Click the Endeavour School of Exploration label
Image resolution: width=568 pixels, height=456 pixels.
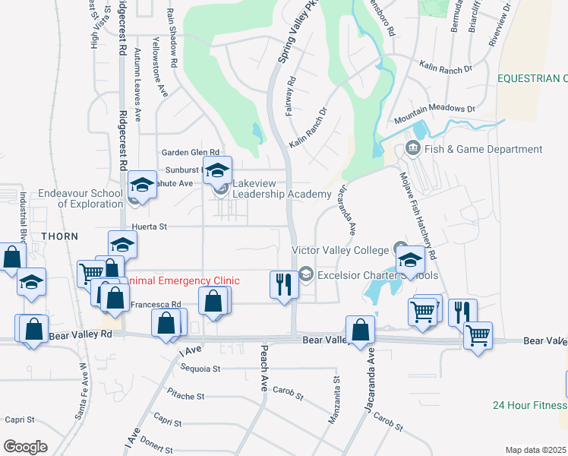point(80,198)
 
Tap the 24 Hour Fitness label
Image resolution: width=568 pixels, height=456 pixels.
point(529,405)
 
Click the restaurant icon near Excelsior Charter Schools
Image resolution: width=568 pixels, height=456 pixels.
point(282,285)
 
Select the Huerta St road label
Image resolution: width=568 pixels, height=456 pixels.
point(148,226)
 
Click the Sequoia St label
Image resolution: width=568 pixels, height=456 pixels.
point(200,369)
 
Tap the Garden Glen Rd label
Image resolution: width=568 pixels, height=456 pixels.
point(189,152)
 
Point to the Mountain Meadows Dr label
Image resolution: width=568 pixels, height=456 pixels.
point(434,115)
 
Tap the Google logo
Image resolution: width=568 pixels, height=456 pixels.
point(26,446)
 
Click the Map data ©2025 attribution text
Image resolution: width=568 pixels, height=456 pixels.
point(535,450)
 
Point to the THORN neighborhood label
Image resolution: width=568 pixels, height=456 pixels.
point(60,236)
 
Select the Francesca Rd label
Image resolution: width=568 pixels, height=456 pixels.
point(156,305)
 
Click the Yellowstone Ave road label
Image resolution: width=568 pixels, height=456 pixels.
point(159,67)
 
